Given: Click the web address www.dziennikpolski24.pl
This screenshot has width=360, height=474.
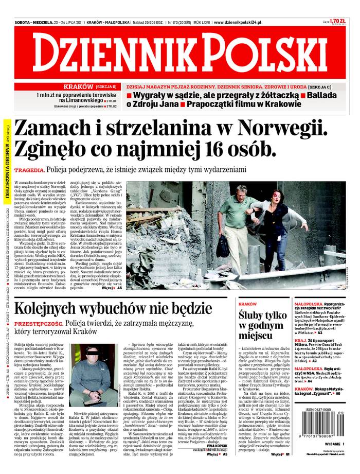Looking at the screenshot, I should coord(238,23).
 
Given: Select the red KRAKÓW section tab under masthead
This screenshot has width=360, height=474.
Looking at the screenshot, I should coord(78,86).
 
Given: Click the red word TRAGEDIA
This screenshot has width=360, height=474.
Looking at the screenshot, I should coord(29,170).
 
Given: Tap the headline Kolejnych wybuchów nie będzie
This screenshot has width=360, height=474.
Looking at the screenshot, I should coord(113,308).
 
